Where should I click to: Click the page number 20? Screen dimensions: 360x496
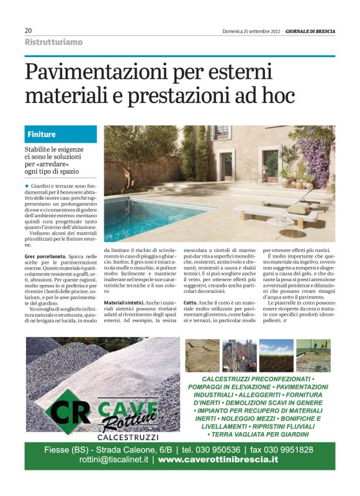[28, 30]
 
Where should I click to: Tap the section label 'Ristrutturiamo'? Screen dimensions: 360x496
[53, 42]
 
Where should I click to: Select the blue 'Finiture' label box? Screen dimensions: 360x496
[61, 134]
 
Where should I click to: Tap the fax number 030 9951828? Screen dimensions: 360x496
[290, 449]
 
